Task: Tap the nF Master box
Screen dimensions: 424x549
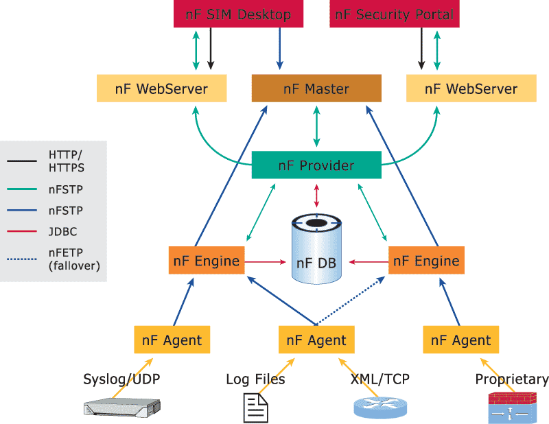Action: (x=316, y=89)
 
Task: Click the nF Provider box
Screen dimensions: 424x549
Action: (x=316, y=165)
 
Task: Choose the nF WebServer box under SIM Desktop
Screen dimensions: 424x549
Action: (x=162, y=89)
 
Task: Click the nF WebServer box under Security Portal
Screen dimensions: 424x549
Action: (x=471, y=89)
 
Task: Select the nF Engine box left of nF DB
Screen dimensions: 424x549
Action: (x=206, y=261)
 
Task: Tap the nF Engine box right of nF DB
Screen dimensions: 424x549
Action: (x=426, y=261)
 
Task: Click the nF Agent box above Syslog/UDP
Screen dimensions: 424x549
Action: (x=172, y=340)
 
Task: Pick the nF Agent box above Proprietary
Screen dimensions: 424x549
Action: (x=461, y=340)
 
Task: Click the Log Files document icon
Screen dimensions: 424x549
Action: (x=256, y=408)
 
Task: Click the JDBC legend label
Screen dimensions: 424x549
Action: (x=63, y=231)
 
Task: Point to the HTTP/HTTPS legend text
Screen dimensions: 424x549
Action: (x=67, y=160)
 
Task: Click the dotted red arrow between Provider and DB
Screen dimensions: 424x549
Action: (x=316, y=196)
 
